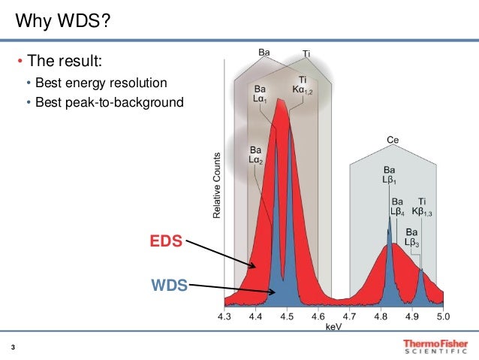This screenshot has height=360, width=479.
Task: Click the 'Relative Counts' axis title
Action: coord(217,186)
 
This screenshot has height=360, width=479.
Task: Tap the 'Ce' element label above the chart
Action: coord(392,141)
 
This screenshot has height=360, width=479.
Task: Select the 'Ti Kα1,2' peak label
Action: coord(303,86)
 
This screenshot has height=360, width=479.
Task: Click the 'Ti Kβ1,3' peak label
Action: coord(423,207)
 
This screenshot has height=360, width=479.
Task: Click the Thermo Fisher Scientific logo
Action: coord(435,345)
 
